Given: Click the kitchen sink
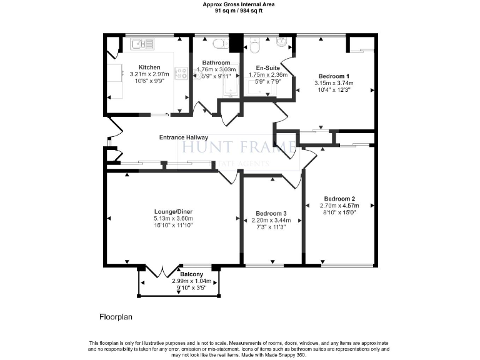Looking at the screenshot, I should [x=142, y=44].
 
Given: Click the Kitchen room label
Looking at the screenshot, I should [x=149, y=67].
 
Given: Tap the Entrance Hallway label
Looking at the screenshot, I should [x=184, y=137].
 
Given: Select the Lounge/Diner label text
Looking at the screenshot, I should [x=173, y=212].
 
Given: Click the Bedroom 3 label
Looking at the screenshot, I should [x=270, y=213].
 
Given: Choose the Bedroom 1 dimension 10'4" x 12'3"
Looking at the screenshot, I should [x=334, y=89].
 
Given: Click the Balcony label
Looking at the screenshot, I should [x=191, y=274].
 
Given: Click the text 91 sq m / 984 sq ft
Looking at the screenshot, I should [x=240, y=11].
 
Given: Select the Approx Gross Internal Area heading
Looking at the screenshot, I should [x=240, y=4].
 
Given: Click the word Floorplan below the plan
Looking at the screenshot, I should [x=116, y=317].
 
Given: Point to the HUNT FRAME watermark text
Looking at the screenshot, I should [x=237, y=147].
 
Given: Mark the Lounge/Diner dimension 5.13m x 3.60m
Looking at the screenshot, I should [x=173, y=219].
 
